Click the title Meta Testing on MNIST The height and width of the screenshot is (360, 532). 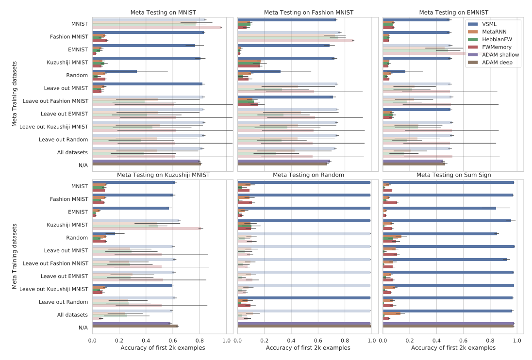[163, 12]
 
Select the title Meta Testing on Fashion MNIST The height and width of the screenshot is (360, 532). [308, 12]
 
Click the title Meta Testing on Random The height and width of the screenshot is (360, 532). [308, 175]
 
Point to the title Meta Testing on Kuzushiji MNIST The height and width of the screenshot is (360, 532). [163, 175]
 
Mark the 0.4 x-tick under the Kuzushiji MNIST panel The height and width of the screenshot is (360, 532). [146, 341]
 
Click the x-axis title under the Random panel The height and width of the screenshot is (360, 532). [308, 348]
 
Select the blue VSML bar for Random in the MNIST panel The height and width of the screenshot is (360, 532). [115, 71]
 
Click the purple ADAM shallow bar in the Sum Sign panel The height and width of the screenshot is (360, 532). [448, 324]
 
